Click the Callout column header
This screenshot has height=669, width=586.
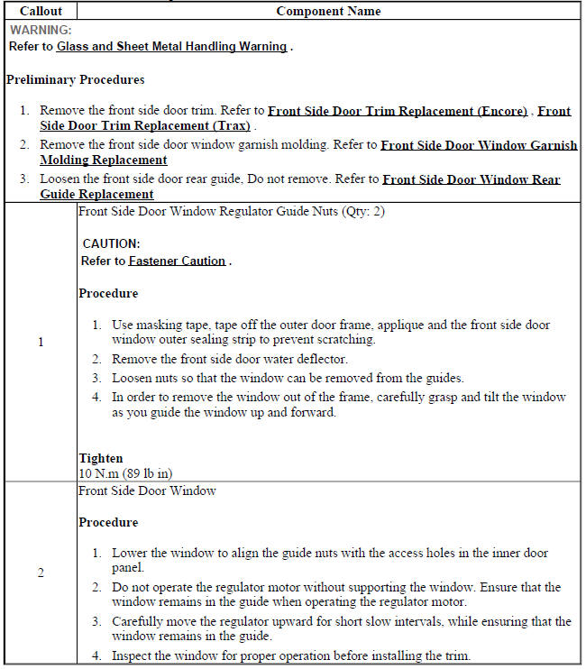[40, 12]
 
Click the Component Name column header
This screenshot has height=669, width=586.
[328, 12]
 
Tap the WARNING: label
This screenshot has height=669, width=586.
[41, 30]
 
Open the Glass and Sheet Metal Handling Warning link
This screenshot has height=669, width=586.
[171, 46]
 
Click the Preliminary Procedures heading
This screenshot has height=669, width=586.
[75, 79]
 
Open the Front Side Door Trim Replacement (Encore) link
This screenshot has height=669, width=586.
[398, 111]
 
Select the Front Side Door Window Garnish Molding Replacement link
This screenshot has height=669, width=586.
[479, 145]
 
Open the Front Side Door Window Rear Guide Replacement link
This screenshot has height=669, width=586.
[471, 179]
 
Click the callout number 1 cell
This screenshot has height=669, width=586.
[40, 343]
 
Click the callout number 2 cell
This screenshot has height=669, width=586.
[40, 573]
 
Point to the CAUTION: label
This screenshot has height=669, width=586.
[111, 243]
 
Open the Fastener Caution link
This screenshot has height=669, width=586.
[177, 261]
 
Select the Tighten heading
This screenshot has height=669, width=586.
[100, 458]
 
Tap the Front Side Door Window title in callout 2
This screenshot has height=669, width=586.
[147, 491]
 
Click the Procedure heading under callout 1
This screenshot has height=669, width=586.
[108, 294]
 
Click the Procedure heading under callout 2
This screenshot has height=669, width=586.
[108, 523]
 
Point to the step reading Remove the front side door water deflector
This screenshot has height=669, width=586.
[229, 359]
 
